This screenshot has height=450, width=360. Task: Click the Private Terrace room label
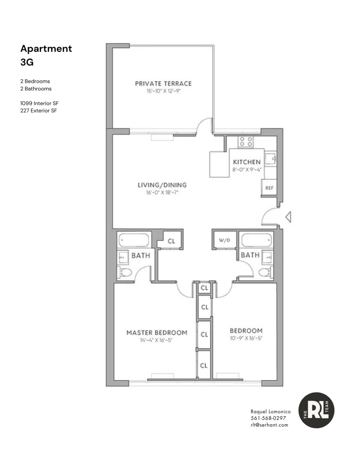pos(163,83)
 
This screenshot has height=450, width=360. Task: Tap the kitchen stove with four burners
pos(246,142)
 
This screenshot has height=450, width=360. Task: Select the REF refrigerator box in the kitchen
pos(269,188)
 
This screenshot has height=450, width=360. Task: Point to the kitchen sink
pos(270,158)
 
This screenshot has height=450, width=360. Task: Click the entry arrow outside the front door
pos(288,218)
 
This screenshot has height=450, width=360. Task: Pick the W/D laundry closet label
pos(225,240)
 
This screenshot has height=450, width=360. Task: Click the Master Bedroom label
pos(156,333)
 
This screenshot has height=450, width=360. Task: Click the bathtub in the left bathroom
pos(135,240)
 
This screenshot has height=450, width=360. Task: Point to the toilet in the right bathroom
pos(265,272)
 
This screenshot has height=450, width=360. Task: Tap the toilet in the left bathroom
pos(125,272)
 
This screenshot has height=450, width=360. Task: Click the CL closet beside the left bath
pos(171,241)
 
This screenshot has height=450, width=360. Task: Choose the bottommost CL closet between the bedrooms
pos(204,365)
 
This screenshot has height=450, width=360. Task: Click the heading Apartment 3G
pos(46,55)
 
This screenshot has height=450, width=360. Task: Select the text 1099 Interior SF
pos(40,103)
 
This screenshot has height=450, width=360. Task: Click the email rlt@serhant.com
pos(269,425)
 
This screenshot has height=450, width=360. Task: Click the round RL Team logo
pos(317,410)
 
